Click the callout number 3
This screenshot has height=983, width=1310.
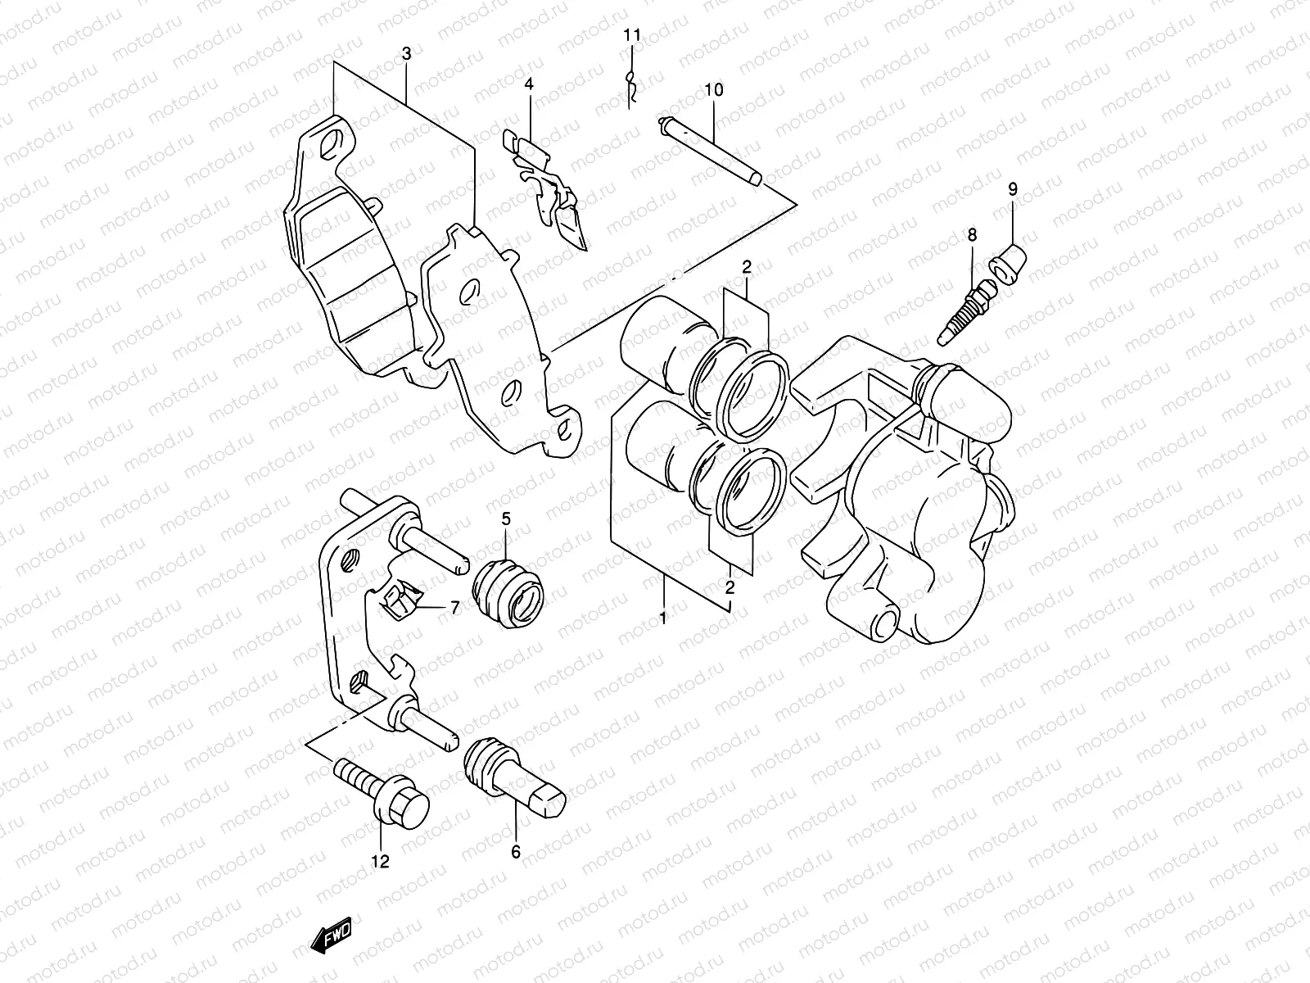point(407,54)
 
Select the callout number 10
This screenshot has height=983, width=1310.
point(713,89)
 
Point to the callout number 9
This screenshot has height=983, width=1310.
point(1013,189)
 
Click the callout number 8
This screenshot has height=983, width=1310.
point(972,235)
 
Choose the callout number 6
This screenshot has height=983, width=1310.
point(516,852)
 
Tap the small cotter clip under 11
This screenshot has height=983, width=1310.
point(631,86)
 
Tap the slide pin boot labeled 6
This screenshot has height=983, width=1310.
point(512,771)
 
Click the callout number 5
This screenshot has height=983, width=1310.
point(506,517)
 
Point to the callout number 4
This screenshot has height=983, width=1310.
point(529,84)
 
